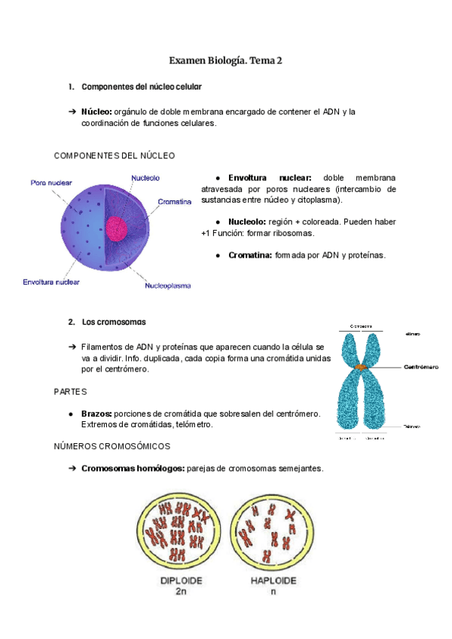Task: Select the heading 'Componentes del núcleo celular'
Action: (x=141, y=87)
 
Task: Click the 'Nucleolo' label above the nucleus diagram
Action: (x=145, y=178)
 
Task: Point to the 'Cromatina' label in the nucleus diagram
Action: (x=175, y=202)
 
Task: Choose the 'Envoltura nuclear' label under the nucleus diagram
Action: (x=51, y=283)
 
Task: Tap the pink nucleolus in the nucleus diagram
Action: (x=117, y=228)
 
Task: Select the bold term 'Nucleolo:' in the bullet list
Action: (x=247, y=222)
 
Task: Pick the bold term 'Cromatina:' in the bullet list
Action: (x=250, y=255)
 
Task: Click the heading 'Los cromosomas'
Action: (x=114, y=323)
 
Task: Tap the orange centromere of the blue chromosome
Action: (x=361, y=367)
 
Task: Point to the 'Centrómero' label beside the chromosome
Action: (x=422, y=368)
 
